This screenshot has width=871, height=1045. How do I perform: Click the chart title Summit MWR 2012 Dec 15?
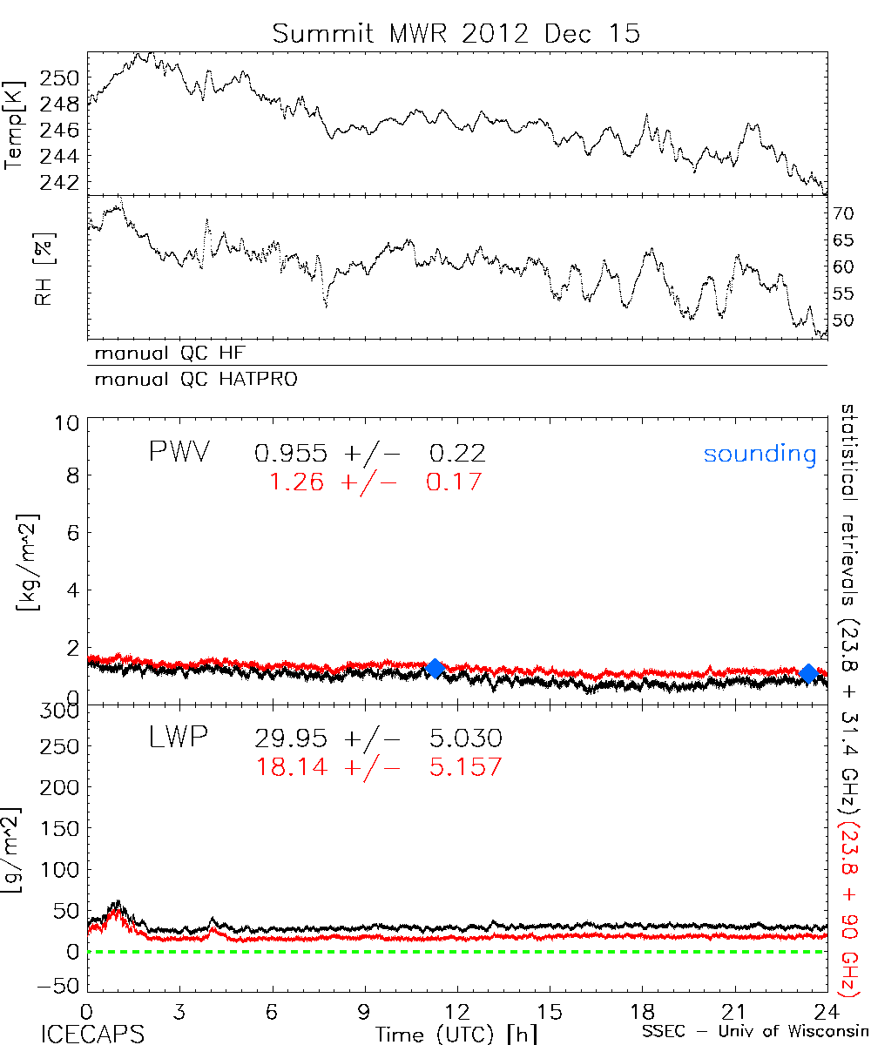[x=456, y=33]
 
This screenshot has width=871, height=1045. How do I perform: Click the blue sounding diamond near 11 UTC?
[x=435, y=668]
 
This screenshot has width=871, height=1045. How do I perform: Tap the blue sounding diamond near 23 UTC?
[x=808, y=673]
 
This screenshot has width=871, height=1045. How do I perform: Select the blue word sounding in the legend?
[x=760, y=454]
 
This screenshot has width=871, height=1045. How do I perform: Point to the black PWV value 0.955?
[x=291, y=453]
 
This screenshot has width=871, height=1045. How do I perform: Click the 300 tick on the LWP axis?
[x=61, y=712]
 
